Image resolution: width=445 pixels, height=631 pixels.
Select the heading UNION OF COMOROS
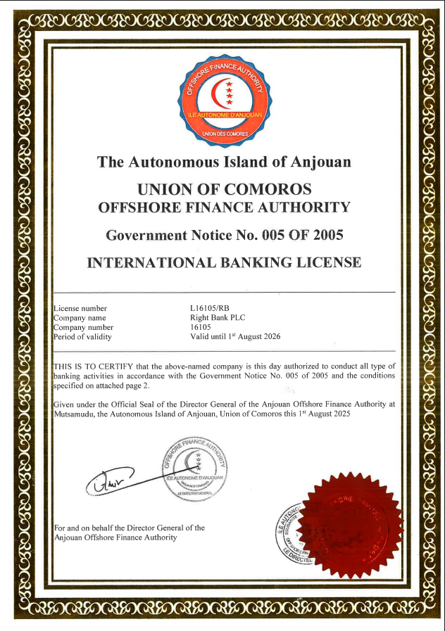(224, 189)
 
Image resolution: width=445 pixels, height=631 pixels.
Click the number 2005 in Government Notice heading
(322, 234)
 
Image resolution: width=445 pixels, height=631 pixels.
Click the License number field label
(80, 308)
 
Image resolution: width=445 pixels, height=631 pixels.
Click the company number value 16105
(201, 327)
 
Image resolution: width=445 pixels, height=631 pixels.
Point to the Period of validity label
(82, 336)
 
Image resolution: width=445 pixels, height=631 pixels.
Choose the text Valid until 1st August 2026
(235, 336)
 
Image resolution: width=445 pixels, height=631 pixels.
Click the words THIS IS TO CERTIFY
(92, 366)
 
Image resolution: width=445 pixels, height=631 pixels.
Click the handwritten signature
(113, 480)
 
